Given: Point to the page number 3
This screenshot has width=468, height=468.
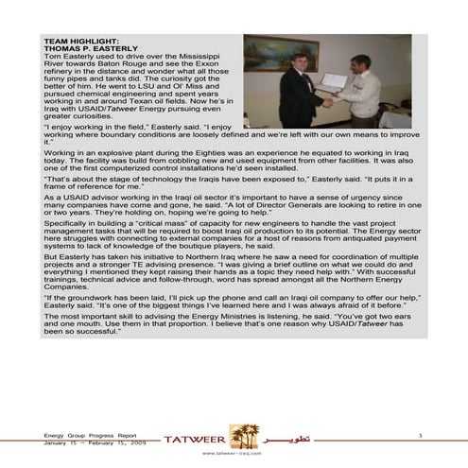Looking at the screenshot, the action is pyautogui.click(x=417, y=433).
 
